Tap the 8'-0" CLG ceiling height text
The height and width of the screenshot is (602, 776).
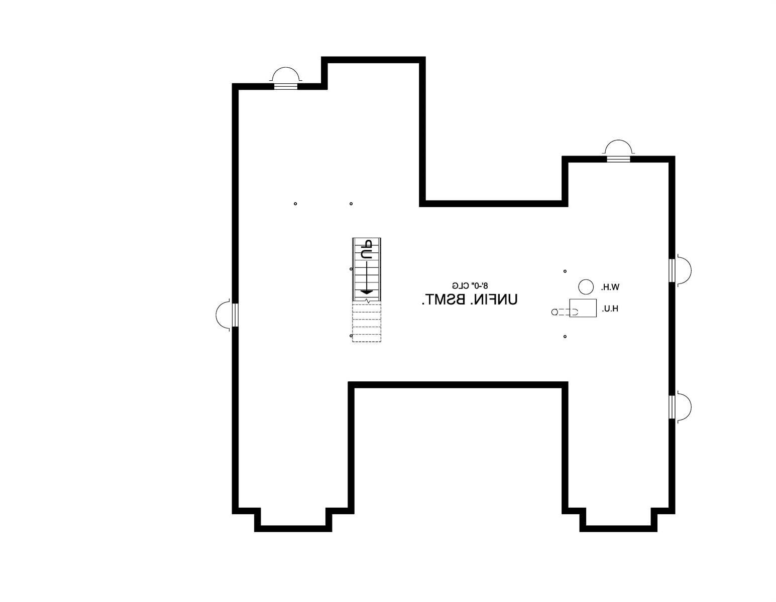click(x=470, y=285)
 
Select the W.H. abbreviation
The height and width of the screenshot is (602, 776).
click(x=610, y=287)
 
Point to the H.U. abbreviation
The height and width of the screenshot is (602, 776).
click(x=610, y=309)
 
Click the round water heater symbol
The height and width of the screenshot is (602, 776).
click(x=586, y=287)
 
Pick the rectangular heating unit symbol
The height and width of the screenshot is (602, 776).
click(x=583, y=308)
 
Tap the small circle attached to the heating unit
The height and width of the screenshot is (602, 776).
click(x=554, y=312)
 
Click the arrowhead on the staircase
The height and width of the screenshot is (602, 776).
click(x=366, y=292)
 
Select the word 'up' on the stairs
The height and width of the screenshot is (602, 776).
click(x=366, y=250)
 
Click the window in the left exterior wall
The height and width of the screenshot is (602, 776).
click(x=235, y=315)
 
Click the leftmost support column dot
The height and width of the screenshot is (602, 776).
click(x=295, y=204)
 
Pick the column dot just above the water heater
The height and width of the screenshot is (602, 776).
click(x=565, y=271)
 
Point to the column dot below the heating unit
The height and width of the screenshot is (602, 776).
click(x=565, y=336)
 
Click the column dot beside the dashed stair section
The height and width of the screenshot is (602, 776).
click(x=351, y=336)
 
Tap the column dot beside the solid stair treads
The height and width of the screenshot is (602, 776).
click(x=351, y=269)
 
